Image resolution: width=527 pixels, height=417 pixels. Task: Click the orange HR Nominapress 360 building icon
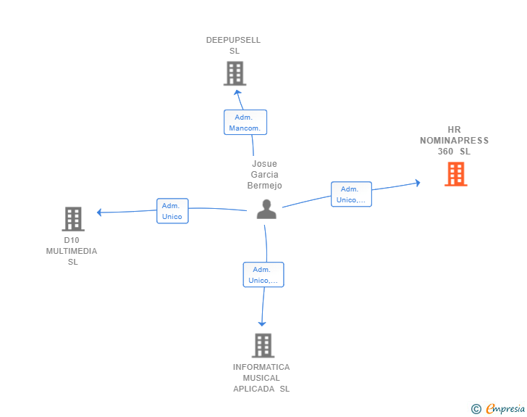pos(455,174)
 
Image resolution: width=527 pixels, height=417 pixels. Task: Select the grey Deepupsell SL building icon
pos(235,73)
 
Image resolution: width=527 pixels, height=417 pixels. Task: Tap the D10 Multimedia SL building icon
pos(72,218)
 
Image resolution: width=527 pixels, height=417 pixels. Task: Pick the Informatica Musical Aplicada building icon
pos(263,345)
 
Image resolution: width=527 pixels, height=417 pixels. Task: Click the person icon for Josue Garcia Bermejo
pos(266,210)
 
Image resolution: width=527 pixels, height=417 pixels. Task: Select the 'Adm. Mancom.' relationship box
pos(245,123)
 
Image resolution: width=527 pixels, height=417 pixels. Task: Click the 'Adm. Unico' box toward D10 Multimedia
pos(172,211)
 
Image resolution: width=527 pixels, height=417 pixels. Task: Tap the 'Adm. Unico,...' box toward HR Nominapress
pos(351,194)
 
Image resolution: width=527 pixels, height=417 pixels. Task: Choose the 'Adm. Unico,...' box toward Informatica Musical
pos(263,275)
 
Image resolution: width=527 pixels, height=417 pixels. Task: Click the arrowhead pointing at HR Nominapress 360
pos(416,183)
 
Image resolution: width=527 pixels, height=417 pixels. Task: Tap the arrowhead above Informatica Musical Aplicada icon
pos(262,323)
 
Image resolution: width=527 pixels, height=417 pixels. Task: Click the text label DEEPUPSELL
pos(233,41)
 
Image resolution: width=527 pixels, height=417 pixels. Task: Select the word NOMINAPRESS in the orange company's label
pos(454,141)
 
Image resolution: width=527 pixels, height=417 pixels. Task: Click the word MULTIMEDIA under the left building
pos(72,251)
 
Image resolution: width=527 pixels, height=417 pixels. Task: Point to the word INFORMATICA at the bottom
pos(261,367)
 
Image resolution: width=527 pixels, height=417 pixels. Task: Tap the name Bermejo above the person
pos(264,186)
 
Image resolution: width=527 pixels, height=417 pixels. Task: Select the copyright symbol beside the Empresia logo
pos(476,409)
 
